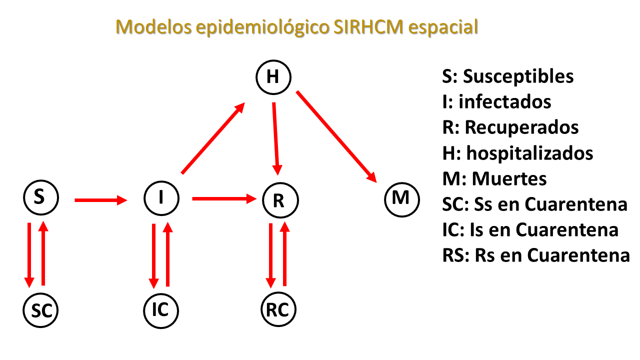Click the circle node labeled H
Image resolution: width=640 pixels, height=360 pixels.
273,77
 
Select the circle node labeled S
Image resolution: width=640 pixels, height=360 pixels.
41,197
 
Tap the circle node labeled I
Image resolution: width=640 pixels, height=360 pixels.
161,198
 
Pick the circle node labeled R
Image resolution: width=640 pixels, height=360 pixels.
280,200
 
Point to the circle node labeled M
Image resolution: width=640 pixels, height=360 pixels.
401,198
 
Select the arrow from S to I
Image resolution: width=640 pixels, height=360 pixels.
100,200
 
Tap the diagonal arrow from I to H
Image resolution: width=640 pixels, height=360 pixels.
212,138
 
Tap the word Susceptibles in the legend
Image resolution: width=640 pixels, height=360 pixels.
518,76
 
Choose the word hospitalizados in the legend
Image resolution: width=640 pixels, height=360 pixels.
530,153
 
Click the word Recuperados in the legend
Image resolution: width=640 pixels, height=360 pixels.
522,127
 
